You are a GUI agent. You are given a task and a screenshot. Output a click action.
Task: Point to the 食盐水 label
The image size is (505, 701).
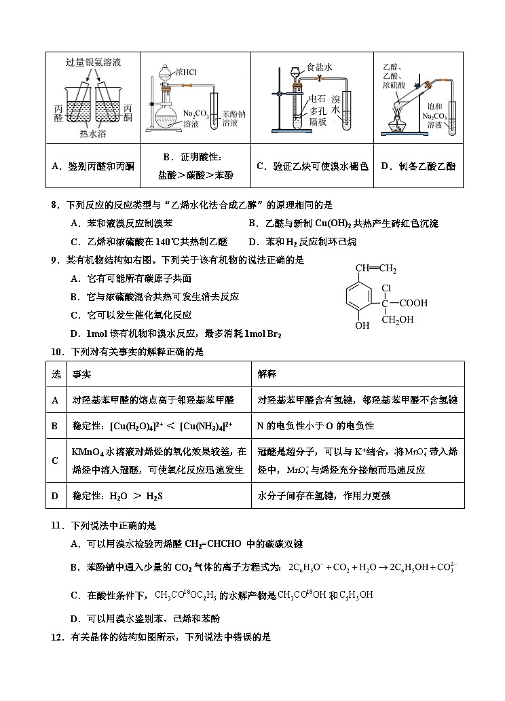pos(319,67)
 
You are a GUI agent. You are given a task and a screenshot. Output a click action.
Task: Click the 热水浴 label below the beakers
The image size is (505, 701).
pos(93,133)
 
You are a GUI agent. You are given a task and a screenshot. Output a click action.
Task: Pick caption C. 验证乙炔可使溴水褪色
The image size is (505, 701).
pos(312,166)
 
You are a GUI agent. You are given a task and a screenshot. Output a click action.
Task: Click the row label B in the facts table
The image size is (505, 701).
pos(56,426)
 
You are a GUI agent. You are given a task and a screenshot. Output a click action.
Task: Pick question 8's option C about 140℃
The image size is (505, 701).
pos(149,241)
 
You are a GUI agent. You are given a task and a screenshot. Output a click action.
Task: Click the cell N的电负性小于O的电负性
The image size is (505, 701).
pos(316,426)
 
